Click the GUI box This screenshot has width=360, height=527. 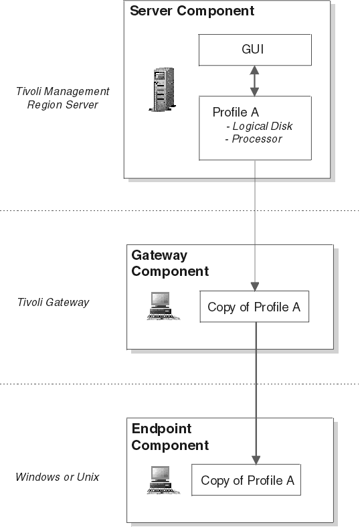pos(255,50)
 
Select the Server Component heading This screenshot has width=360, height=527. pos(192,11)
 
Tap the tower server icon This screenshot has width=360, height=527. pos(163,89)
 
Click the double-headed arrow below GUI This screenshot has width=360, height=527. pos(254,81)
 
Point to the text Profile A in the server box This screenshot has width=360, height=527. pos(236,112)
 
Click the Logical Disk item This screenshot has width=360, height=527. pos(259,126)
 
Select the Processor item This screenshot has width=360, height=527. pos(254,139)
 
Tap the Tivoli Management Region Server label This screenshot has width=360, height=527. pos(63,98)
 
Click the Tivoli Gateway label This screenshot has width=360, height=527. pos(53,302)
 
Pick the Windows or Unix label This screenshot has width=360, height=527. pos(58,477)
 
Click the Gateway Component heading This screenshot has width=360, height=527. pos(170,263)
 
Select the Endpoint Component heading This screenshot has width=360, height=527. pos(170,437)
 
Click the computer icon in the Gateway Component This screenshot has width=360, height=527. pos(163,306)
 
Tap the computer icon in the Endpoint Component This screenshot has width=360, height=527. pos(163,480)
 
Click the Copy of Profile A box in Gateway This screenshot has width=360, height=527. pos(254,307)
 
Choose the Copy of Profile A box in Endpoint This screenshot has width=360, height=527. pos(246,480)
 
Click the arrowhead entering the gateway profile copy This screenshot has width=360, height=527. pos(255,287)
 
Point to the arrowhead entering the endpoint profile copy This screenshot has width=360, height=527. pos(256,460)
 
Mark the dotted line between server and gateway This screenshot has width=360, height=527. pos(180,211)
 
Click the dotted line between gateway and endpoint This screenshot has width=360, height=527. pos(180,384)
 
